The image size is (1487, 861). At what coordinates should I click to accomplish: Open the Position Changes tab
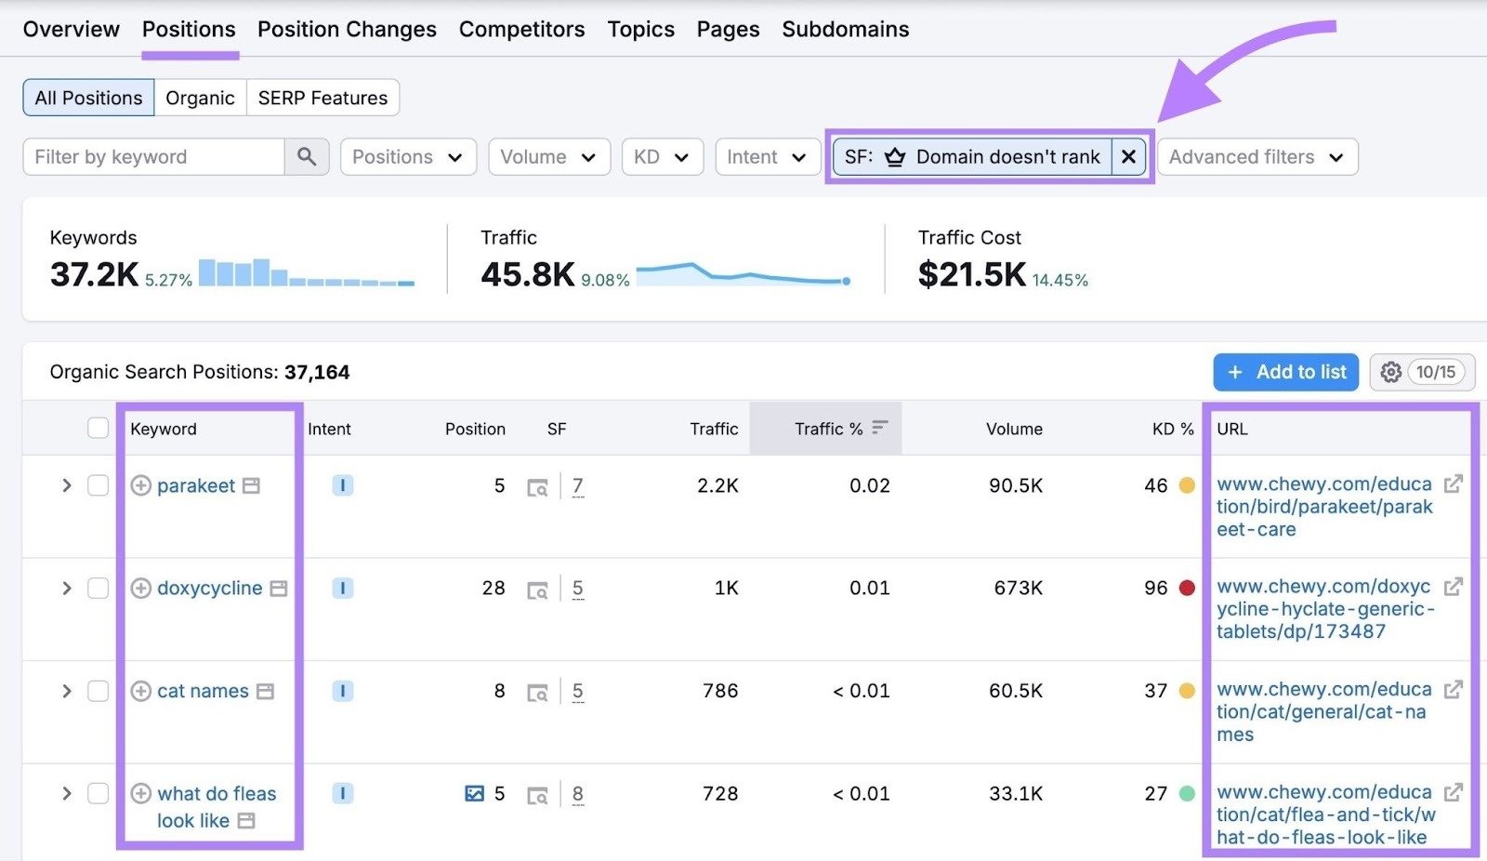(347, 30)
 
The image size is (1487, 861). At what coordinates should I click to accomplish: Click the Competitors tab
(521, 30)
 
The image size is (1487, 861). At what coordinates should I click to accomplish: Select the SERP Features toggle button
(322, 98)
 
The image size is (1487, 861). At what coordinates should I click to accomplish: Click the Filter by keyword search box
(154, 157)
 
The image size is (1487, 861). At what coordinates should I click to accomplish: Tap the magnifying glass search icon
(307, 157)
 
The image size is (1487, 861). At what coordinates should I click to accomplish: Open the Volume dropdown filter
(548, 157)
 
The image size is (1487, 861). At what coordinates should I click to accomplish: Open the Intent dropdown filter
(767, 157)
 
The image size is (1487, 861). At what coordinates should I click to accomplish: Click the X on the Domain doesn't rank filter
(1128, 157)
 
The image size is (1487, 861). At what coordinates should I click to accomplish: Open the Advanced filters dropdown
(1257, 157)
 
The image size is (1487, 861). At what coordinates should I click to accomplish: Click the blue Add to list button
(1285, 372)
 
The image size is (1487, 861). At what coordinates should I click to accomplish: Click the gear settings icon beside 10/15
(1390, 372)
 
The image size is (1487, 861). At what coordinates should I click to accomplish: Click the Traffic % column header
(828, 429)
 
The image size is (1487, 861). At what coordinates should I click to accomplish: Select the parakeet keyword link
(196, 485)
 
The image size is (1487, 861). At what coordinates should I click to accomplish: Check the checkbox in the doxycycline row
(98, 589)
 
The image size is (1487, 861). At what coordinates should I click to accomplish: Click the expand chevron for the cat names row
(66, 691)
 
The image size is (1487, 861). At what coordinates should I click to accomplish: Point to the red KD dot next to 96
(1187, 588)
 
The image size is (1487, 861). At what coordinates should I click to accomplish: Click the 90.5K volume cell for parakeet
(1015, 485)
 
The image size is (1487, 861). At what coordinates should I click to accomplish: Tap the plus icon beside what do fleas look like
(140, 793)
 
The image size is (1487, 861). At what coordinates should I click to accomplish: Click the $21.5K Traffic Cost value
(971, 274)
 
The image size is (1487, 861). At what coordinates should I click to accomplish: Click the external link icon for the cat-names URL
(1454, 689)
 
